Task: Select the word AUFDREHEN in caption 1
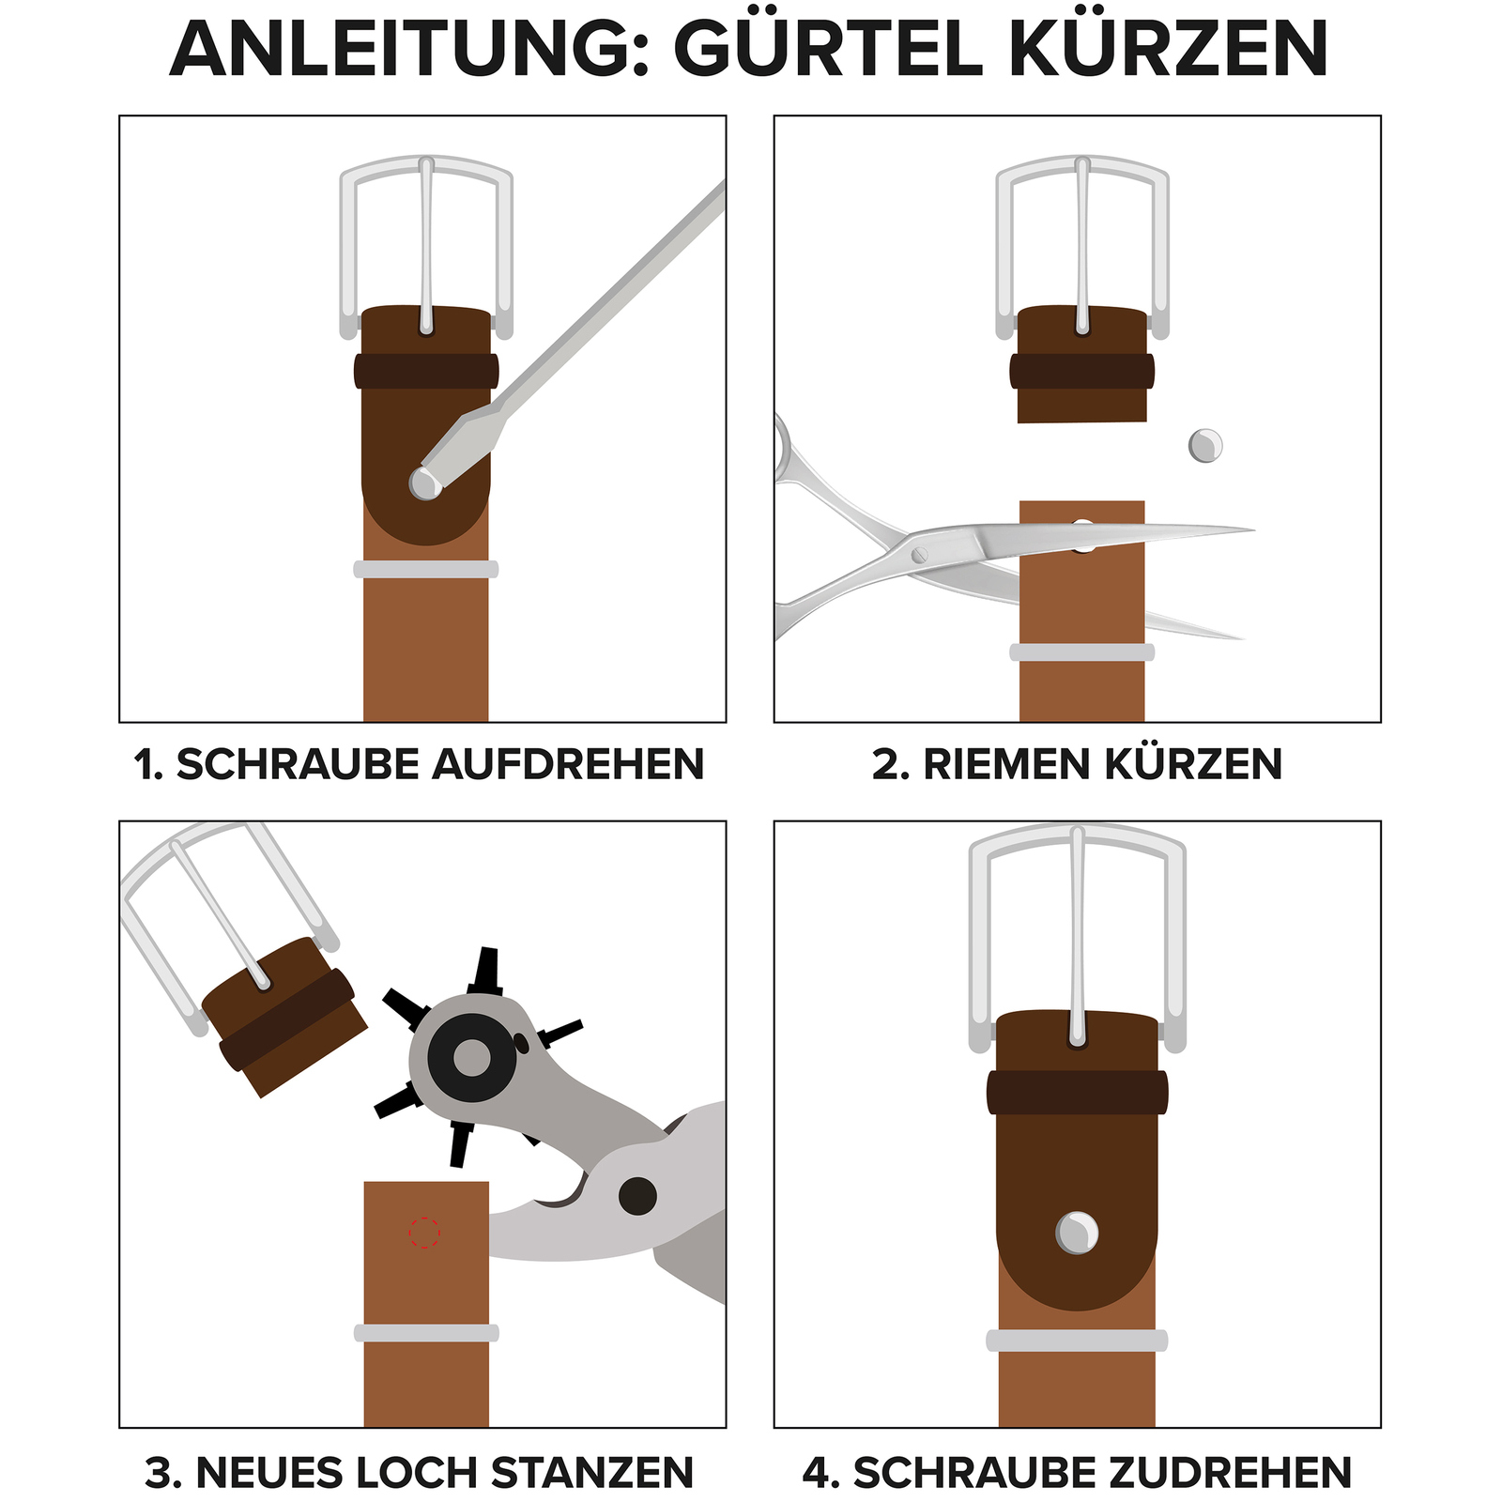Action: click(x=568, y=764)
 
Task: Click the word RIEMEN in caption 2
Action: click(x=1007, y=764)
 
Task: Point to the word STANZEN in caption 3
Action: click(x=591, y=1472)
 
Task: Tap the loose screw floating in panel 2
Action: click(x=1205, y=445)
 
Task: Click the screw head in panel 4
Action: click(x=1077, y=1233)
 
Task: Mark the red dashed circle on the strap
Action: click(x=424, y=1233)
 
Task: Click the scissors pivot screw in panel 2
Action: click(x=919, y=555)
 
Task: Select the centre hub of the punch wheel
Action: click(x=472, y=1058)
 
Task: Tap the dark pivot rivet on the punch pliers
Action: click(x=637, y=1196)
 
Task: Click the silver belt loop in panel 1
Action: click(x=425, y=569)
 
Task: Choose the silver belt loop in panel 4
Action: click(x=1077, y=1341)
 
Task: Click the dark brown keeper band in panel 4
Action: click(x=1077, y=1093)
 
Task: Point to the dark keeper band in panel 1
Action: click(x=425, y=371)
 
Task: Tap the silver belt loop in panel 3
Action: click(x=425, y=1333)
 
